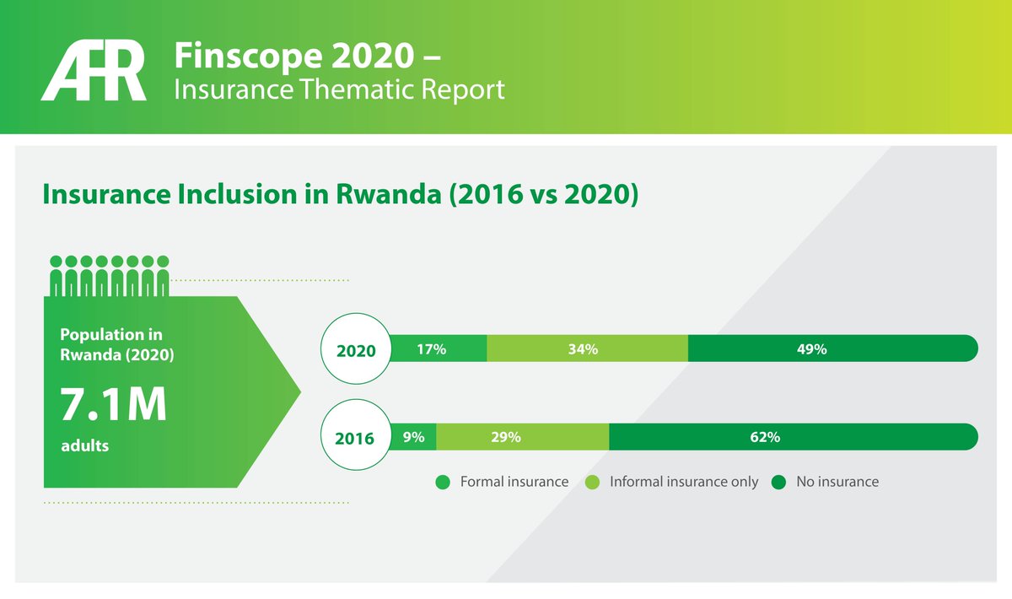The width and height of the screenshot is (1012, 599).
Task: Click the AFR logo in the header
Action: pyautogui.click(x=94, y=73)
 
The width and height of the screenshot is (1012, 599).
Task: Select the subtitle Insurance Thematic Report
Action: pyautogui.click(x=339, y=89)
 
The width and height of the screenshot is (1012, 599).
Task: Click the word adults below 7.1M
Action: pyautogui.click(x=85, y=445)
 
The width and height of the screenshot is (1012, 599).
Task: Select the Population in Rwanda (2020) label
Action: pyautogui.click(x=117, y=344)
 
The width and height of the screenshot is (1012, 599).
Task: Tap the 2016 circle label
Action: pyautogui.click(x=355, y=438)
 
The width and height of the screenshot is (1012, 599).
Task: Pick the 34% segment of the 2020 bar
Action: pyautogui.click(x=587, y=348)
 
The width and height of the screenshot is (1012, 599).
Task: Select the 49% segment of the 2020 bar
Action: pyautogui.click(x=831, y=348)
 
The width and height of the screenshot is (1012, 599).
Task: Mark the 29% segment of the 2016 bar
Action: pyautogui.click(x=522, y=437)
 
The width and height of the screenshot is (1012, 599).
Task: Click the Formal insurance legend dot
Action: pyautogui.click(x=443, y=483)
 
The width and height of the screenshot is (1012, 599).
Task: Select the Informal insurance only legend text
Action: pyautogui.click(x=684, y=482)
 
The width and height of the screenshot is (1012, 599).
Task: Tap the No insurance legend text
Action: pyautogui.click(x=837, y=482)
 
